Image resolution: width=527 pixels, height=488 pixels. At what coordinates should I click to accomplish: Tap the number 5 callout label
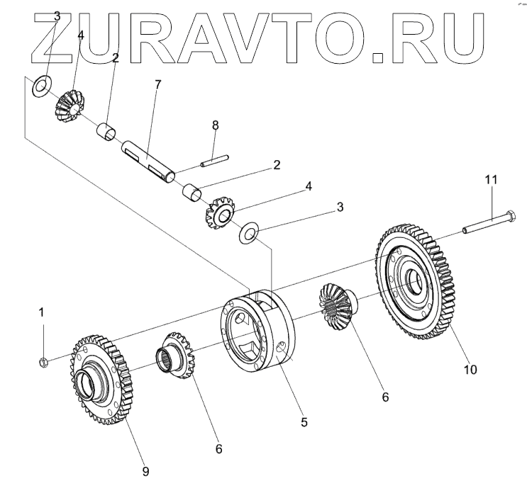click(304, 423)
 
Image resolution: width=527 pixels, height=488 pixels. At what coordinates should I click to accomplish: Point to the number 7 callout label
click(157, 84)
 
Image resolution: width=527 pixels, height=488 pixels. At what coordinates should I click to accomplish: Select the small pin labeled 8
click(213, 162)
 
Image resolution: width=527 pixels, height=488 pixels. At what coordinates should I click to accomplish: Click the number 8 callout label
click(216, 126)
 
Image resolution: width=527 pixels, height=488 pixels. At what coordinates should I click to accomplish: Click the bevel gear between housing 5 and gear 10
click(335, 304)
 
